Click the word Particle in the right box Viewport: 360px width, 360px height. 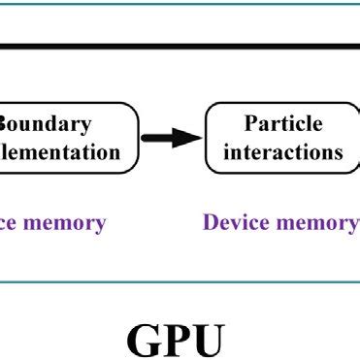click(x=282, y=125)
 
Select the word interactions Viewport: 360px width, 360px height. click(x=282, y=152)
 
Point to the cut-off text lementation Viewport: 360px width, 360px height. click(x=60, y=152)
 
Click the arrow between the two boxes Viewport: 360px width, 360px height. click(x=170, y=139)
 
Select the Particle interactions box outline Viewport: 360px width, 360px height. click(x=206, y=139)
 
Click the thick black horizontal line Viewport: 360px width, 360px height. click(x=180, y=45)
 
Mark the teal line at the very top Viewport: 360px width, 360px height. click(x=180, y=2)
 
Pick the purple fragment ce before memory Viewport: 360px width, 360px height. click(x=10, y=223)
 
